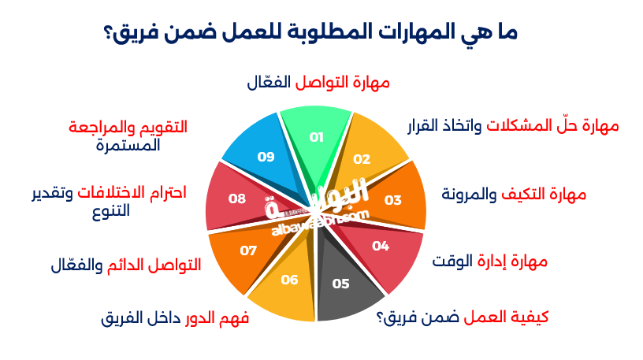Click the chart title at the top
[x=310, y=32]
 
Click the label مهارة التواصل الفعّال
[x=319, y=82]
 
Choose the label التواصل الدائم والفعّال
[x=125, y=264]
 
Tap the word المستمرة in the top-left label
[x=129, y=145]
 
